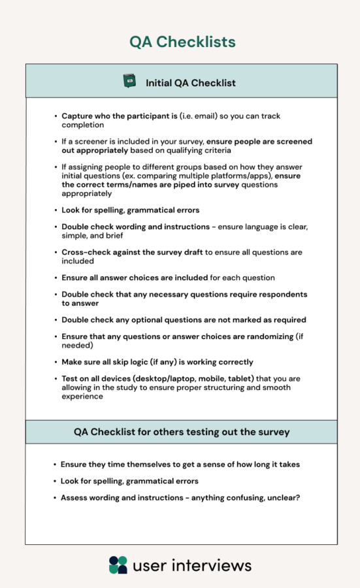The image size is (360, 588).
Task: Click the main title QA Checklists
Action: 182,42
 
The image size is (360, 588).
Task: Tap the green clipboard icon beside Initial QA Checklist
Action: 129,82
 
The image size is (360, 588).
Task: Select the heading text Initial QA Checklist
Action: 191,83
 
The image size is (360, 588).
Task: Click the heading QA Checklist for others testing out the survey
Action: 182,432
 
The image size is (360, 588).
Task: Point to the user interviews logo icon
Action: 118,565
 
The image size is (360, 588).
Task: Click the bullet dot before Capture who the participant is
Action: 56,116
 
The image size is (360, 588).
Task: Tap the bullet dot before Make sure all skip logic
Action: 56,362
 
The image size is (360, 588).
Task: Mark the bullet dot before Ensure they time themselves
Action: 55,464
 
